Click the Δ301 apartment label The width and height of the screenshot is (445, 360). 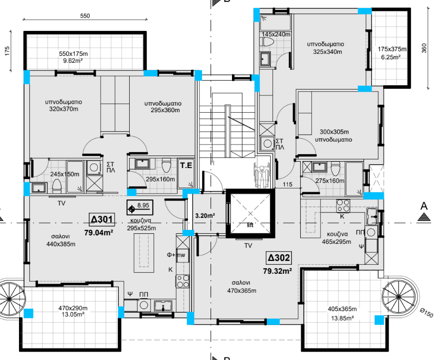tap(102, 219)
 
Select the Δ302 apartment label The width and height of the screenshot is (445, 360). tap(279, 258)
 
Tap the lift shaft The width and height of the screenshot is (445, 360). tap(250, 213)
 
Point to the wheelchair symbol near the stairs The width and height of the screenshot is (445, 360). tap(262, 175)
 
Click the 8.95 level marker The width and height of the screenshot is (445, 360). tap(140, 207)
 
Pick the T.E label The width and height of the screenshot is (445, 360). tap(186, 165)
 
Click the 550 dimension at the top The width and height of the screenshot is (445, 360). tap(85, 16)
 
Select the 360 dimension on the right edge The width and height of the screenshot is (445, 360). tap(424, 48)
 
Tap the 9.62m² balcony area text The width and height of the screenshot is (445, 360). tap(73, 60)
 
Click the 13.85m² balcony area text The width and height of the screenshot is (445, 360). tap(342, 318)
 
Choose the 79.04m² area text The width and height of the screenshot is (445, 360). tap(99, 233)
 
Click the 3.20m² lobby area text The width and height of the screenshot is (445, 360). tap(205, 215)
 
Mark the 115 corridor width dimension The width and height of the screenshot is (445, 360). tap(287, 184)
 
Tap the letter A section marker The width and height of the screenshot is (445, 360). tap(424, 206)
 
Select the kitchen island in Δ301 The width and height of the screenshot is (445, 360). tap(144, 253)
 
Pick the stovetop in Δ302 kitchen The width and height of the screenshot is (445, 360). tap(343, 206)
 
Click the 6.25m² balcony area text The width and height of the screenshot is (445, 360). tap(391, 57)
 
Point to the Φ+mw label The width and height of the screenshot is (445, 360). tap(176, 255)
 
